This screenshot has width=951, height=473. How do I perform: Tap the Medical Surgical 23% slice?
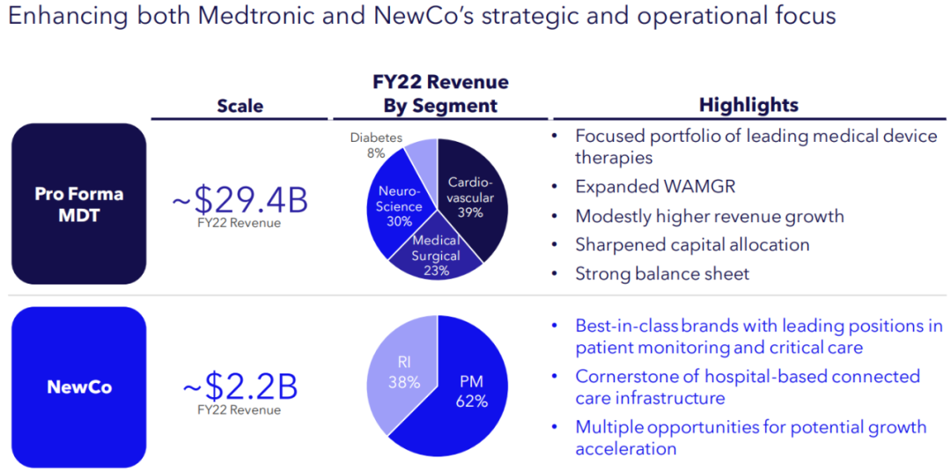coord(436,255)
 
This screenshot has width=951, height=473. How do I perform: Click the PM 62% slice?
coord(471,392)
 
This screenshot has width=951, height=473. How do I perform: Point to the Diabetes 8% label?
coord(376,144)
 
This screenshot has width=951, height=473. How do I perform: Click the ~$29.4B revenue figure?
coord(240,200)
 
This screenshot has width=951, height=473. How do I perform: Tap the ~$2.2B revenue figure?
coord(240,387)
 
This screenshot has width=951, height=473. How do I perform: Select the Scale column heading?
coord(240,106)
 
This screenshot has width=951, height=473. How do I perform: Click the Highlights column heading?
coord(748,105)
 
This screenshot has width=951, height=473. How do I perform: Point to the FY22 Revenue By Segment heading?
coord(439,94)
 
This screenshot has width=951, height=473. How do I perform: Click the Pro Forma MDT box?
coord(78,204)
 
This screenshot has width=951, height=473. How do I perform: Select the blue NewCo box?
coord(78,387)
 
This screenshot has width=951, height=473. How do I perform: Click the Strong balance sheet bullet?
coord(662,273)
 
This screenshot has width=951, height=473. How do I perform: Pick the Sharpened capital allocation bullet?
coord(692,245)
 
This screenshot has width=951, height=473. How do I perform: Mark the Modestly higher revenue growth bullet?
coord(710,216)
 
